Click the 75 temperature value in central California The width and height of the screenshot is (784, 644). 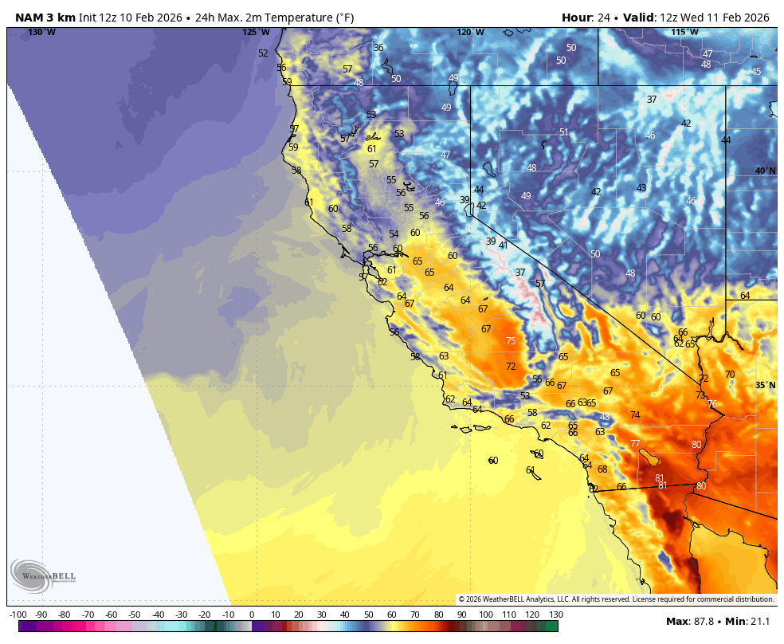click(x=511, y=341)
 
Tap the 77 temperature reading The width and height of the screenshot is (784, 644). click(x=635, y=444)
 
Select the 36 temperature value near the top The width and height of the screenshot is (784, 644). click(x=378, y=48)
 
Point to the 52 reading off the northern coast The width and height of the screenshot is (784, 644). click(x=263, y=53)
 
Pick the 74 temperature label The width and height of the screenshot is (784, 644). click(x=635, y=415)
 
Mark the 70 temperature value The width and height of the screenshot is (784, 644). click(x=730, y=375)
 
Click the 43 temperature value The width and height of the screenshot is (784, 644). click(x=641, y=188)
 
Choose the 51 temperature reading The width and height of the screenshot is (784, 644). click(x=564, y=132)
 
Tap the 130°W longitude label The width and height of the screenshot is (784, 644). click(x=41, y=33)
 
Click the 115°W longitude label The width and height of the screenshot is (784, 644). click(x=684, y=33)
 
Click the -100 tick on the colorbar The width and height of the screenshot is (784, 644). click(x=18, y=615)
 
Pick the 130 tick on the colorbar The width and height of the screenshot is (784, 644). click(x=556, y=615)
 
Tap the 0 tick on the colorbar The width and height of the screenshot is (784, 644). click(x=252, y=615)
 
